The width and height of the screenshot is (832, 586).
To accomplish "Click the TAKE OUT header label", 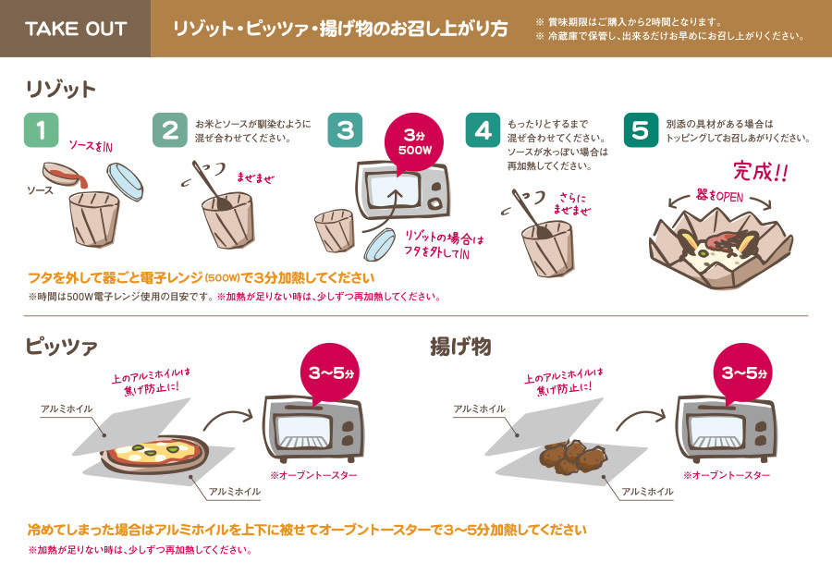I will (75, 29).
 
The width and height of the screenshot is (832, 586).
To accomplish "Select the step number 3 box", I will (345, 130).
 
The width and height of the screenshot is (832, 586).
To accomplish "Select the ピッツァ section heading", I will (61, 347).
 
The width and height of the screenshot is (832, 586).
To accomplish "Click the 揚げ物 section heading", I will (460, 347).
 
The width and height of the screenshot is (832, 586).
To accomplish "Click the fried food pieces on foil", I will (572, 456).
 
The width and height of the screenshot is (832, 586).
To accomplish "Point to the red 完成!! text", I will (760, 172).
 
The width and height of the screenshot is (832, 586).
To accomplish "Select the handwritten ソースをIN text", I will (92, 147).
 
